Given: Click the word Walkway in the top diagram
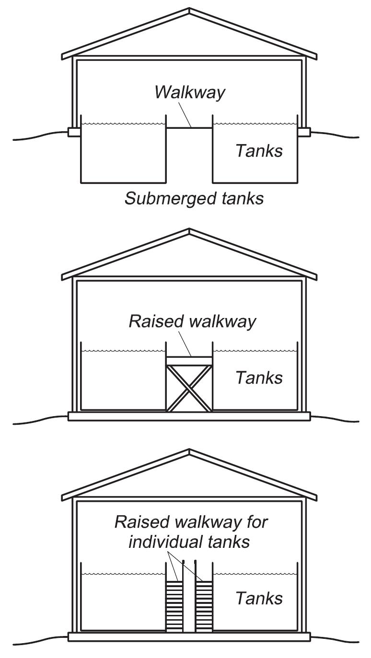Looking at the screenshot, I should pos(189,92).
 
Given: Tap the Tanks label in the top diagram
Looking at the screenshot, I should pos(259,151).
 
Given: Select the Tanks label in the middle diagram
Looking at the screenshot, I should pos(259,377).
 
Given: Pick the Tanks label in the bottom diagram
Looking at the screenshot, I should pos(259,598).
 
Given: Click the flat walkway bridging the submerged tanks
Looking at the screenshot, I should pos(189,127).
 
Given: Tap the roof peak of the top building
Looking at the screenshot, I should pos(189,11).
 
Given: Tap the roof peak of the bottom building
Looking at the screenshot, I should pos(189,452).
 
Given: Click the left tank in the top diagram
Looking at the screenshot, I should pos(123,153).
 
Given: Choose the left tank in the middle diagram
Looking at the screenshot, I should pos(123,381).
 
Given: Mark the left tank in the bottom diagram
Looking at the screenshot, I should pos(123,601).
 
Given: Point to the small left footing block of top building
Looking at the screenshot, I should pos(74,132).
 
